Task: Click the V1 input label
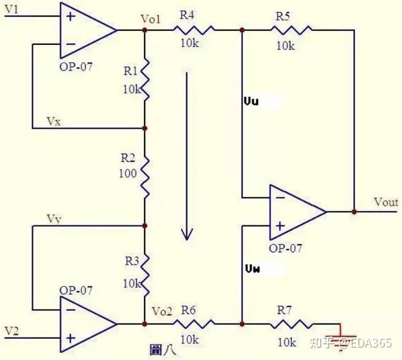11,9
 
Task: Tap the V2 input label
12,331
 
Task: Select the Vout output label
386,202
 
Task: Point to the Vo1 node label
151,19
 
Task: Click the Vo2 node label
161,311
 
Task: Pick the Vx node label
54,121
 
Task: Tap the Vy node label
54,219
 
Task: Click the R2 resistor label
128,158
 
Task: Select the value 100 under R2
128,174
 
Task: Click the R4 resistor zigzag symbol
194,30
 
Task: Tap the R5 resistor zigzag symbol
291,30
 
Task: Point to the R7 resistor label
284,310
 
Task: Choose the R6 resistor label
188,310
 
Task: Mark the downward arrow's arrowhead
187,234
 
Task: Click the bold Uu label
251,102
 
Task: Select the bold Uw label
253,269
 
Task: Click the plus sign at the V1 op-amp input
71,17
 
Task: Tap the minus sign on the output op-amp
281,198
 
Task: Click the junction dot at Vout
354,212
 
